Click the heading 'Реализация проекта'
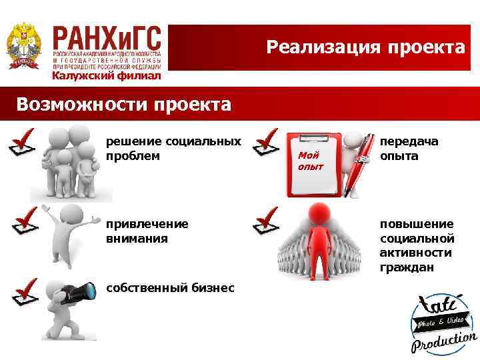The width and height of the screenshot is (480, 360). [365, 47]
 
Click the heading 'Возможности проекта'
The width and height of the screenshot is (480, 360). [124, 105]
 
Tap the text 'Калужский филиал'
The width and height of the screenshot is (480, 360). [107, 75]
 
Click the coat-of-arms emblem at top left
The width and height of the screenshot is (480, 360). [23, 46]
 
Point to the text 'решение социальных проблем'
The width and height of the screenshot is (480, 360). [173, 149]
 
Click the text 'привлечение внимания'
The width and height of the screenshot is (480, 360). [147, 231]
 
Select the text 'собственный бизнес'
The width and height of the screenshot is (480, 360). [170, 287]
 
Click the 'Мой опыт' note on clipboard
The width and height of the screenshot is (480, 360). [310, 160]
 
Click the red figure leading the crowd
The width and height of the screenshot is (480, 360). [322, 230]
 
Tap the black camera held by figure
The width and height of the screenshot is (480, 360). [79, 293]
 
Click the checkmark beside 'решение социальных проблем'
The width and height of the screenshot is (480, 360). [24, 142]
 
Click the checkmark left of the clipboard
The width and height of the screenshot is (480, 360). [266, 142]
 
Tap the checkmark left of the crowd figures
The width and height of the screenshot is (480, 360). [266, 220]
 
